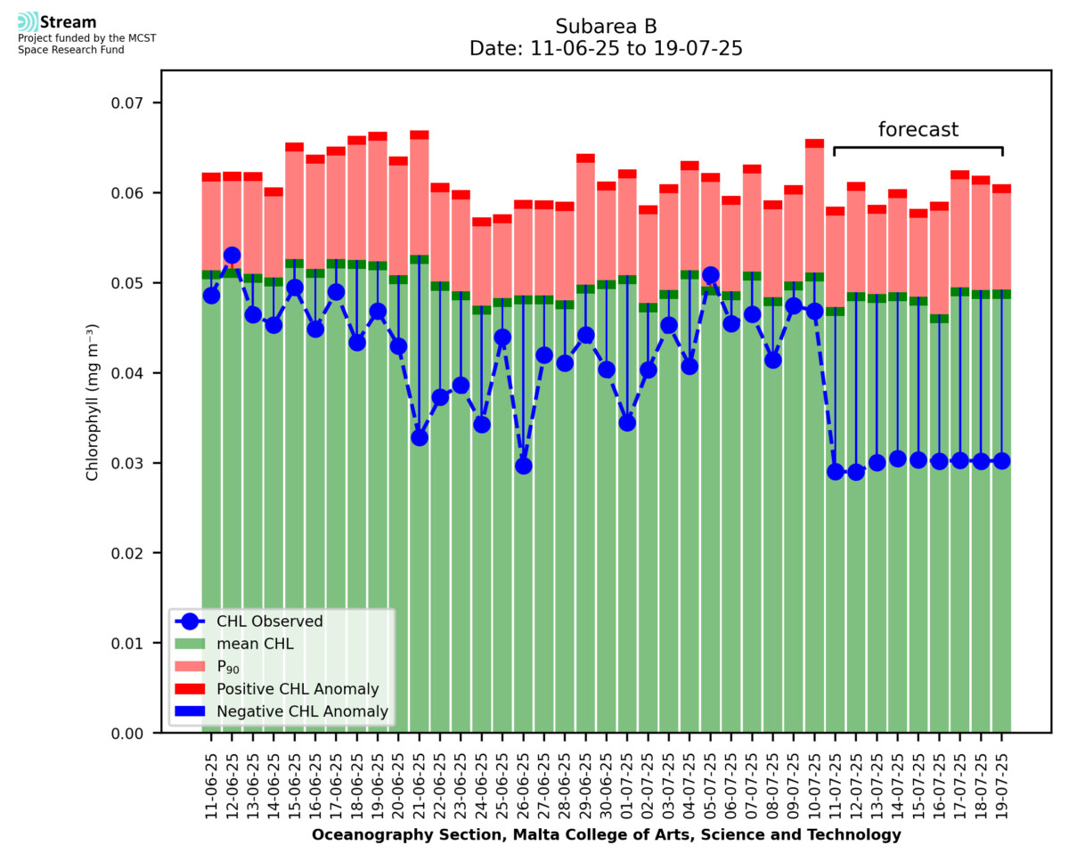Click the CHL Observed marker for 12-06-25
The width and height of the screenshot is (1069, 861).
tap(232, 256)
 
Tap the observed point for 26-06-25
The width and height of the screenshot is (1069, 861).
tap(523, 466)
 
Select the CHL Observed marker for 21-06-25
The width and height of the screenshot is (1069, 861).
tap(420, 437)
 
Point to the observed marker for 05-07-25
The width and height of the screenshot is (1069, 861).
tap(710, 275)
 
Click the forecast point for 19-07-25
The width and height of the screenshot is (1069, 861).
tap(1001, 460)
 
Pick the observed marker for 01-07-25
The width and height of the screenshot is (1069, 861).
tap(627, 423)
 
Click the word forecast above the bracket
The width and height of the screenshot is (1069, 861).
tap(918, 130)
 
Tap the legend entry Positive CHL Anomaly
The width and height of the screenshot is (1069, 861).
tap(298, 689)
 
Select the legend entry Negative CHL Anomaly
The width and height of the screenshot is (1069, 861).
tap(302, 711)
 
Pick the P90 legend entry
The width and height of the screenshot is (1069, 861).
tap(229, 667)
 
